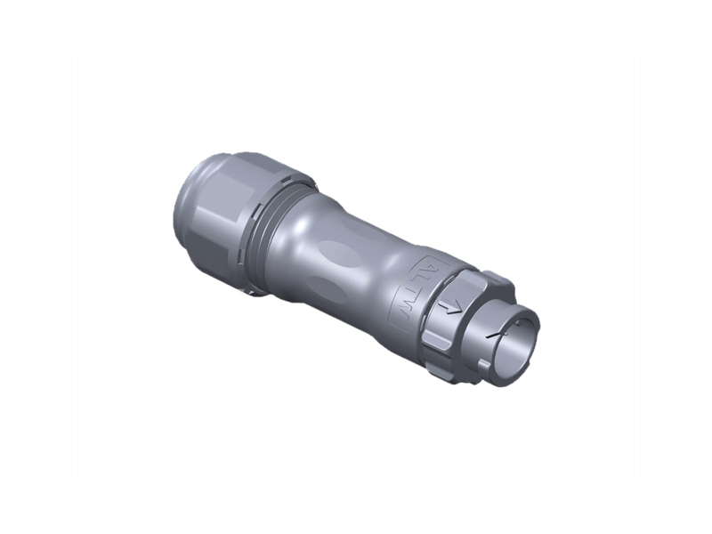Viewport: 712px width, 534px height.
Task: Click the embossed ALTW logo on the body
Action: coord(415,290)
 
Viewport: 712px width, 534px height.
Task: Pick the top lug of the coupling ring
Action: coord(498,279)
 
